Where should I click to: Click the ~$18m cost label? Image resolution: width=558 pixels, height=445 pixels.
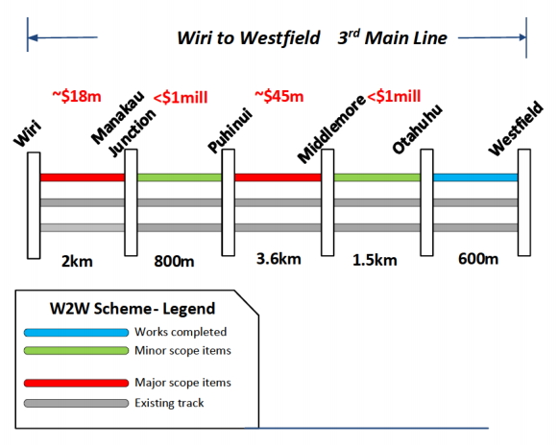(x=77, y=96)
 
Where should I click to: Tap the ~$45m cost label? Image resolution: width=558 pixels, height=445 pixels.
(x=279, y=96)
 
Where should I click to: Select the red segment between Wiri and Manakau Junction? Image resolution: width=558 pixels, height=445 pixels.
(x=83, y=177)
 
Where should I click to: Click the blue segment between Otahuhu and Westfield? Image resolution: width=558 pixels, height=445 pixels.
(x=475, y=177)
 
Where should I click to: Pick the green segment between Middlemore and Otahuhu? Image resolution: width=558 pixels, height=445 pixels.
(x=377, y=177)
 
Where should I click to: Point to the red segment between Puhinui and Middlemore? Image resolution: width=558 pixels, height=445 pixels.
(x=278, y=177)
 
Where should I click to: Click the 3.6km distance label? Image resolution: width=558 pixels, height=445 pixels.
(x=279, y=259)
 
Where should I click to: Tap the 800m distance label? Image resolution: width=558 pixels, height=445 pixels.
(x=174, y=261)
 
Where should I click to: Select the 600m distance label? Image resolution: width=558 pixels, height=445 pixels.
(x=478, y=259)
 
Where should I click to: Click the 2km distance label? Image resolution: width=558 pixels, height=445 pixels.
(x=77, y=261)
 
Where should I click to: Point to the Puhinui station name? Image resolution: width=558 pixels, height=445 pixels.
(x=230, y=130)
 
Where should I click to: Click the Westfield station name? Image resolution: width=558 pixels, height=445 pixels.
(x=516, y=129)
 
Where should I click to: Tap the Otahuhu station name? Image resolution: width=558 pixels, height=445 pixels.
(x=417, y=129)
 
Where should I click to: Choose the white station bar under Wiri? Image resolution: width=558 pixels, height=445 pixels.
(x=34, y=205)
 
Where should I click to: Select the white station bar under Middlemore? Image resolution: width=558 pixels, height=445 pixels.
(x=328, y=202)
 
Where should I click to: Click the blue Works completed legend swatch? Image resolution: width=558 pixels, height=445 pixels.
(x=76, y=333)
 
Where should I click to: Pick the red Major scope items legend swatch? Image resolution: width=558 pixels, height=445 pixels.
(x=76, y=383)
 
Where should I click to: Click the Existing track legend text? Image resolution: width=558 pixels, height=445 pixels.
(x=169, y=403)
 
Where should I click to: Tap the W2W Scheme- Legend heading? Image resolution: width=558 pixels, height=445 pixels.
(x=133, y=309)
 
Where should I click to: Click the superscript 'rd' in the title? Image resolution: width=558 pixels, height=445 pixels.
(x=354, y=33)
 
